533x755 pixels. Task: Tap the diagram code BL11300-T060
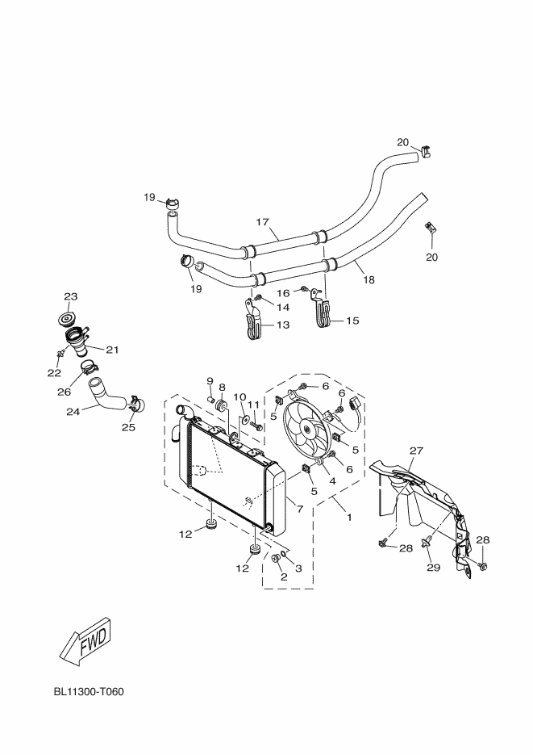(89, 692)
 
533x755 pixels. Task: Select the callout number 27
(416, 451)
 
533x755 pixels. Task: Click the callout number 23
(70, 296)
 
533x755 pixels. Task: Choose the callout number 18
(369, 281)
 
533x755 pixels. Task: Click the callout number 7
(300, 510)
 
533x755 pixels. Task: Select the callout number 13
(283, 325)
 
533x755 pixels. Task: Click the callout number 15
(352, 321)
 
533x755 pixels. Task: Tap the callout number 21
(112, 350)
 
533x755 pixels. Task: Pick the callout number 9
(209, 380)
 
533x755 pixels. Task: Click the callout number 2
(284, 577)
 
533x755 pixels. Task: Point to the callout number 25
(128, 428)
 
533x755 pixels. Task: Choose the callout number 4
(331, 480)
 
